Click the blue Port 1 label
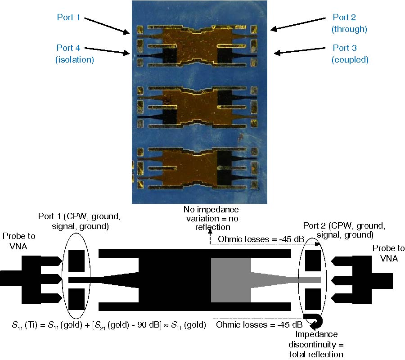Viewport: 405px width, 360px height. coord(68,18)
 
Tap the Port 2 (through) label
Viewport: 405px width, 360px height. coord(349,23)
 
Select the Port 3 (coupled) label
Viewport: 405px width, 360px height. coord(349,54)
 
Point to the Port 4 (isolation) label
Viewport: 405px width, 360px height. coord(74,54)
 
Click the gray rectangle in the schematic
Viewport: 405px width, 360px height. coord(231,280)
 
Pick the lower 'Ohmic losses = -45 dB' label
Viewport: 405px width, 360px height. coord(258,325)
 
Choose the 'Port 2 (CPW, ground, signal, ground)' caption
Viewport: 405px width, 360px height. coord(344,230)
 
